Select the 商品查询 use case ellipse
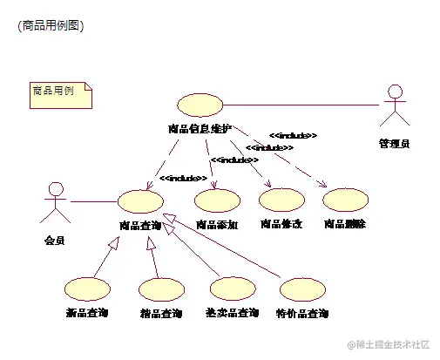pos(139,201)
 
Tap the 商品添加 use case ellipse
pos(218,201)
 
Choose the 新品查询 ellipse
pos(87,289)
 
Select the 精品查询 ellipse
pos(161,289)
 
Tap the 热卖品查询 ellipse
pos(234,289)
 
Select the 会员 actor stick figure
pos(56,202)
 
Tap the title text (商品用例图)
pos(50,25)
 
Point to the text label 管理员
pos(395,143)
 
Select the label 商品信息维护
pos(200,129)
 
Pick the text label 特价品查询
pos(302,314)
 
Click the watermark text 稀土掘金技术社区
pos(388,345)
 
